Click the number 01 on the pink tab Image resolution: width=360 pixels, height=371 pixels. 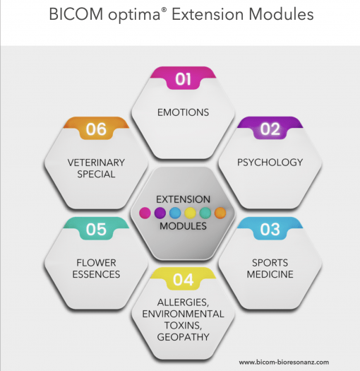click(x=183, y=79)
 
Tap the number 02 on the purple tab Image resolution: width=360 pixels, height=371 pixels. click(x=270, y=129)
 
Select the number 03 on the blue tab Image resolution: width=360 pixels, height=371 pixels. click(x=270, y=229)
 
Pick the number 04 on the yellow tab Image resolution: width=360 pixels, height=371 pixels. click(x=183, y=280)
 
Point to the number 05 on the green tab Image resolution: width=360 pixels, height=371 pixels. click(x=96, y=229)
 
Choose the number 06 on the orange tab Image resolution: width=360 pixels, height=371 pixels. click(x=96, y=129)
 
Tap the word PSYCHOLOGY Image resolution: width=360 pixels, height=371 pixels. click(x=270, y=162)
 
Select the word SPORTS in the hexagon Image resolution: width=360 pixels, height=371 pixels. click(x=270, y=262)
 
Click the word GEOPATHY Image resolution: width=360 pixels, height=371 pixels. click(x=183, y=338)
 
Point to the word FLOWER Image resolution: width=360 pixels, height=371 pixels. click(x=96, y=262)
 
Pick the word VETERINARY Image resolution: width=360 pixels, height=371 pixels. click(x=96, y=162)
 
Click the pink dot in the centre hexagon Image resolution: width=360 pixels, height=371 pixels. click(x=145, y=212)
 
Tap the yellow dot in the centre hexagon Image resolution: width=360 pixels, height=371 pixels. click(x=190, y=212)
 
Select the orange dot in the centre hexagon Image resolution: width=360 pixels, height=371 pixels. click(x=220, y=212)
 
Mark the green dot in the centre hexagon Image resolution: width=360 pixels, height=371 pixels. click(x=205, y=212)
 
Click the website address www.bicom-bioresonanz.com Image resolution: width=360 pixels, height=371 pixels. click(x=284, y=362)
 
